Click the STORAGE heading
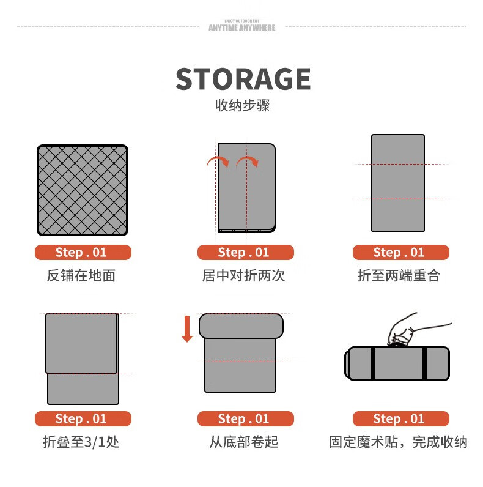coord(243,79)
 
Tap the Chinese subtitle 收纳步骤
coord(243,105)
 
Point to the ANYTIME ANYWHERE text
coord(242,28)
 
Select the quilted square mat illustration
coord(83,190)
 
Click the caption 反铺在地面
coord(81,275)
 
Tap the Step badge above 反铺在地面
coord(83,252)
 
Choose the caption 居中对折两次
coord(244,275)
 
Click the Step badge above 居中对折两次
coord(246,252)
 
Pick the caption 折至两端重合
coord(399,275)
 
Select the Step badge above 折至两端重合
coord(401,252)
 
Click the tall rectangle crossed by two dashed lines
coord(398,184)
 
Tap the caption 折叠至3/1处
coord(81,442)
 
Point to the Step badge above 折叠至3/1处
coord(83,418)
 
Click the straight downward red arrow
coord(187,329)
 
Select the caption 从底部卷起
coord(244,442)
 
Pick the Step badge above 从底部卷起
coord(246,418)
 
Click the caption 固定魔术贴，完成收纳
coord(398,442)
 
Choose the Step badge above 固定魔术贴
coord(401,418)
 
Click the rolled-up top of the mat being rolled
coord(241,326)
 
